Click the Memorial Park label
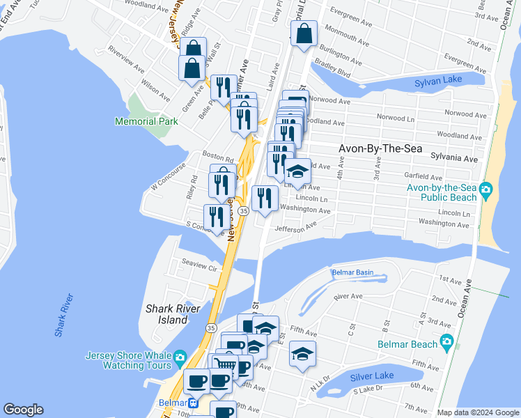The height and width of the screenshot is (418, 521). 146,121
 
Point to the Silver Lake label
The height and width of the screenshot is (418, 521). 373,376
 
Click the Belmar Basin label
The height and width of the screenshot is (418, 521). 352,272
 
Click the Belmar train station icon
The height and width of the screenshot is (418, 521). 195,403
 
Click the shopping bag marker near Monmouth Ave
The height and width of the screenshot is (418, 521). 304,33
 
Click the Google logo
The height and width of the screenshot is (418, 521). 23,410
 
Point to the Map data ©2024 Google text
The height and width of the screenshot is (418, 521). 479,412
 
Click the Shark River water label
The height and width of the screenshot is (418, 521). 64,315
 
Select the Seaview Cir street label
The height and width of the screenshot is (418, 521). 199,265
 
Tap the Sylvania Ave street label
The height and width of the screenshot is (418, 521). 454,160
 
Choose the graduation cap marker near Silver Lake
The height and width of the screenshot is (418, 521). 302,355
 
